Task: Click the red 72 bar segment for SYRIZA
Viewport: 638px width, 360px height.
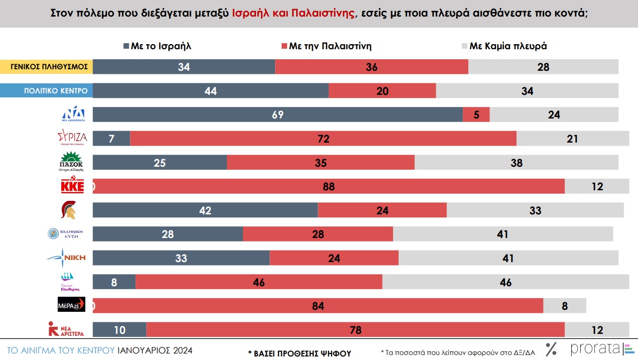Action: click(323, 139)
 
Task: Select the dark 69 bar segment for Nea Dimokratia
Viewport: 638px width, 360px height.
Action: click(278, 114)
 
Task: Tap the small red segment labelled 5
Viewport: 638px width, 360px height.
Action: click(476, 114)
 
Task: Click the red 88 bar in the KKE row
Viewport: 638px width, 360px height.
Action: click(329, 186)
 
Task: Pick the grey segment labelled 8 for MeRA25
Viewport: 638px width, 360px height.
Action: click(565, 305)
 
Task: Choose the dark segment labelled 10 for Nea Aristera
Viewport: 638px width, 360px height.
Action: click(119, 329)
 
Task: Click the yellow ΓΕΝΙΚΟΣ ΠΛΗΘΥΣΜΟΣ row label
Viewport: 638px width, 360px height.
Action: click(46, 67)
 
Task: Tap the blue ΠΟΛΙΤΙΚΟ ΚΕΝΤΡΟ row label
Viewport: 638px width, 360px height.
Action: click(46, 91)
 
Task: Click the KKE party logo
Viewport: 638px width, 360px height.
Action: click(72, 186)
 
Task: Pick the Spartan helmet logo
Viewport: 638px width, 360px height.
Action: click(69, 210)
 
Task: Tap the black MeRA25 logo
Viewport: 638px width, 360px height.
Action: click(72, 305)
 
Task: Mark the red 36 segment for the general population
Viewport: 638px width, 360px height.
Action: click(371, 67)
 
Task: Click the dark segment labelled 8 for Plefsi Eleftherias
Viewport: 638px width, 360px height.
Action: click(114, 282)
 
